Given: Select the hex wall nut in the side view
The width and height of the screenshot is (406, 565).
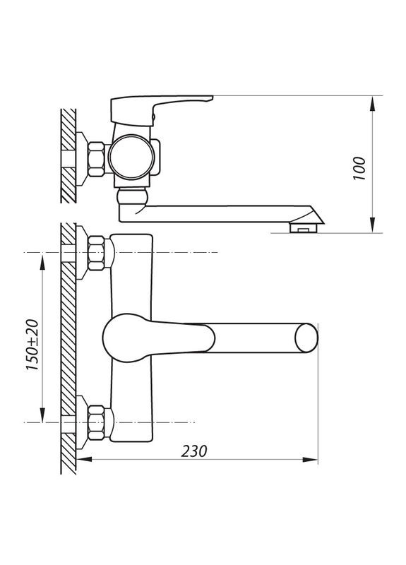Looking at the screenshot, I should (x=95, y=156).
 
